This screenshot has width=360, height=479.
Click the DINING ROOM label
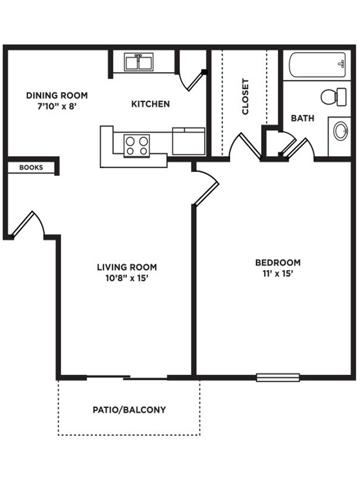click(x=56, y=95)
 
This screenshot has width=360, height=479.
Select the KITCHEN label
click(x=150, y=104)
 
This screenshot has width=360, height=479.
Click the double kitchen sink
click(x=139, y=62)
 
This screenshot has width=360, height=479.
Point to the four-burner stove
click(x=137, y=145)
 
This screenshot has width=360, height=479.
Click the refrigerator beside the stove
click(x=188, y=141)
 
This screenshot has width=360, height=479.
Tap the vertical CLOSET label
click(x=245, y=96)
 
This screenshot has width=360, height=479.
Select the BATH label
click(x=302, y=118)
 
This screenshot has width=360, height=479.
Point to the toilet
click(x=333, y=96)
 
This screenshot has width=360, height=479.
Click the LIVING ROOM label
click(x=127, y=267)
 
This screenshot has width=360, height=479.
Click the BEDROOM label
click(x=277, y=262)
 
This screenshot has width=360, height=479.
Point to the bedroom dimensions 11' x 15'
click(x=277, y=273)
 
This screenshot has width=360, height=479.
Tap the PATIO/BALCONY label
click(x=129, y=410)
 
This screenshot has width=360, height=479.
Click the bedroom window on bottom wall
click(x=277, y=378)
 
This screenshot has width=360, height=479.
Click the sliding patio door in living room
click(x=127, y=378)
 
